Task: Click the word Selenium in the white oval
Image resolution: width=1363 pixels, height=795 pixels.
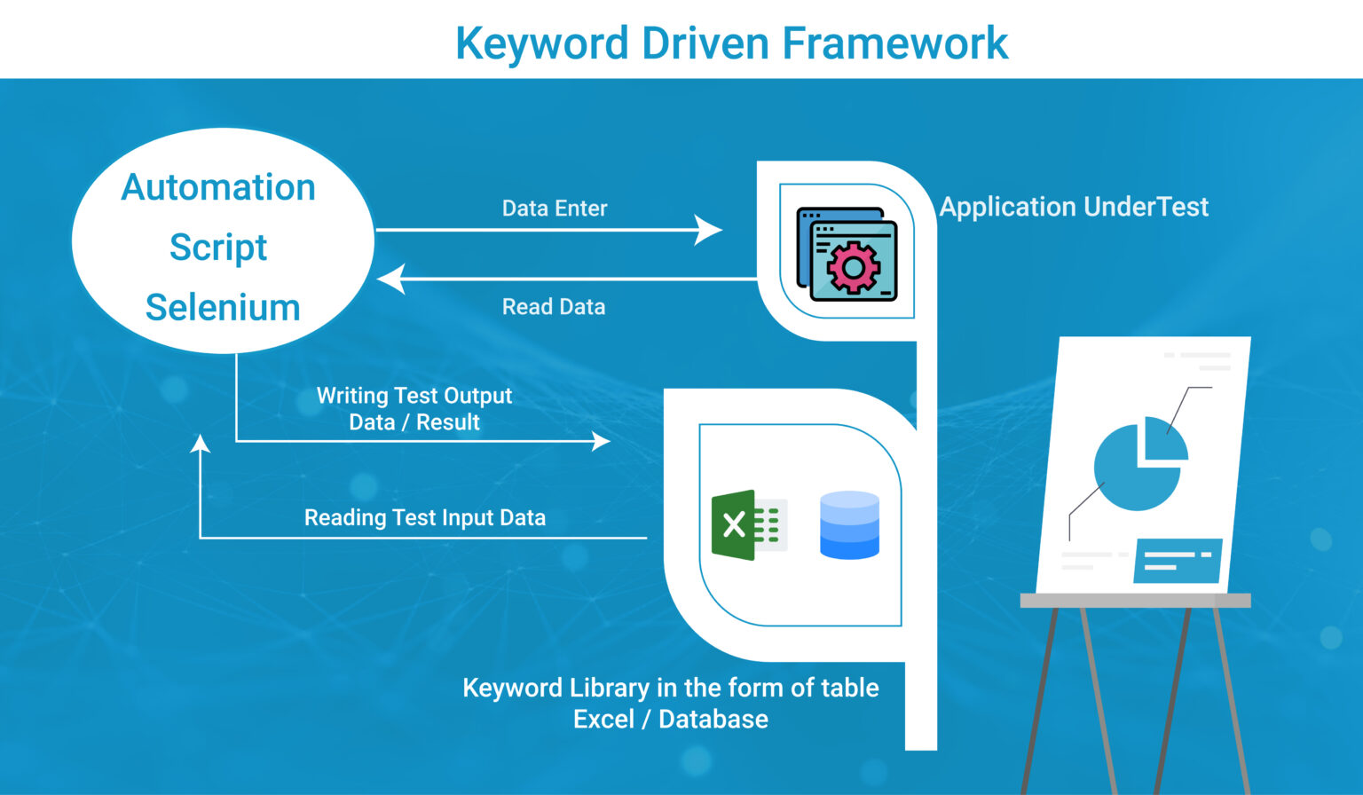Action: pos(223,308)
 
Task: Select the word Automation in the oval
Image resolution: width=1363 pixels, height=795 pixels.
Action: pos(218,187)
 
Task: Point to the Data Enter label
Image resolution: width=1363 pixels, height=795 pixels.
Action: pos(555,209)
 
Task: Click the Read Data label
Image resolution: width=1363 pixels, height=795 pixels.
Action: pos(554,307)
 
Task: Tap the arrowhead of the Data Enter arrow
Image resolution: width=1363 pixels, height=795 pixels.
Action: pos(709,230)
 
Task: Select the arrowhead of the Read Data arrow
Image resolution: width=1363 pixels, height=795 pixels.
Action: pos(391,279)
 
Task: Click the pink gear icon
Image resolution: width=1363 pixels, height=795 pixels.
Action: pos(853,266)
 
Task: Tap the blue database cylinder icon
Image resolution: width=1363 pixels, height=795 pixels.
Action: pos(849,525)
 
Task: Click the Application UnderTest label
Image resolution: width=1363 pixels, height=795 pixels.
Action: pos(1074,207)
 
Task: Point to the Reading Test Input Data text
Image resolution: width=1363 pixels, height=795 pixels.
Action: pos(425,518)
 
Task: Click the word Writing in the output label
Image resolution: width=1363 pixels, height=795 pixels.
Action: pos(351,396)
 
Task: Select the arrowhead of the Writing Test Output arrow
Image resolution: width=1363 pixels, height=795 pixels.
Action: pos(602,441)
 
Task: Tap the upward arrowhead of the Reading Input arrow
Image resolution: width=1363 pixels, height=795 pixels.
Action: pos(201,444)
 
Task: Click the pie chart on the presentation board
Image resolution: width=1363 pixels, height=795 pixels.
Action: pos(1138,467)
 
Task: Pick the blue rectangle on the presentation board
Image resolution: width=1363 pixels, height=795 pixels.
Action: pos(1178,561)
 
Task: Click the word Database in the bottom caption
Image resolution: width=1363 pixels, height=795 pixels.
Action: pos(713,719)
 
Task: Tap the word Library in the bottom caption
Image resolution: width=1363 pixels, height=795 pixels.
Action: pos(610,688)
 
